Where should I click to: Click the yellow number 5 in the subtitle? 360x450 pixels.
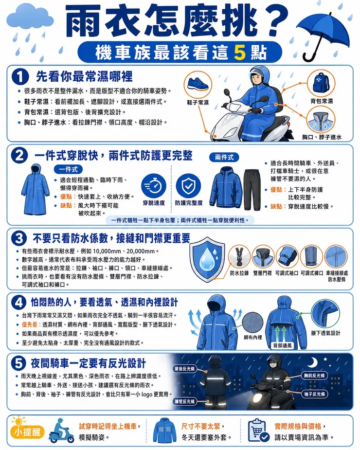coord(240,52)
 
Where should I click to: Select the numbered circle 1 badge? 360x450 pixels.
coord(20,77)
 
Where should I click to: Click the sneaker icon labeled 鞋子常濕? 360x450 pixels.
coord(198,85)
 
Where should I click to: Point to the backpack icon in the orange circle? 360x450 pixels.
coord(321,83)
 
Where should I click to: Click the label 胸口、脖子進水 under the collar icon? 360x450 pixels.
coord(322,137)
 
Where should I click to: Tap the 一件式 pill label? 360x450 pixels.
coord(68,169)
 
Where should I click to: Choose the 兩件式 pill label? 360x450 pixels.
coord(224,157)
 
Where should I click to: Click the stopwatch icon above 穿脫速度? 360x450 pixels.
coord(154,186)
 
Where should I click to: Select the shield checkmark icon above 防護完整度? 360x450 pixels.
coord(188,186)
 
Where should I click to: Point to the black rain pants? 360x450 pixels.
coord(252,189)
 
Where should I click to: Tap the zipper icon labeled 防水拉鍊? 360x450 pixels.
coord(239,257)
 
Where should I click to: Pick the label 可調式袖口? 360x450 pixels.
coord(287,273)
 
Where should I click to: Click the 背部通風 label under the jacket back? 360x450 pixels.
coord(283,345)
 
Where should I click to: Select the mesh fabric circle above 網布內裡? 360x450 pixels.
coord(252,323)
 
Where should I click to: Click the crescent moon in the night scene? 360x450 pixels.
coord(313,362)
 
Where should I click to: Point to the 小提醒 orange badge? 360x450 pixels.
coord(28,432)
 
